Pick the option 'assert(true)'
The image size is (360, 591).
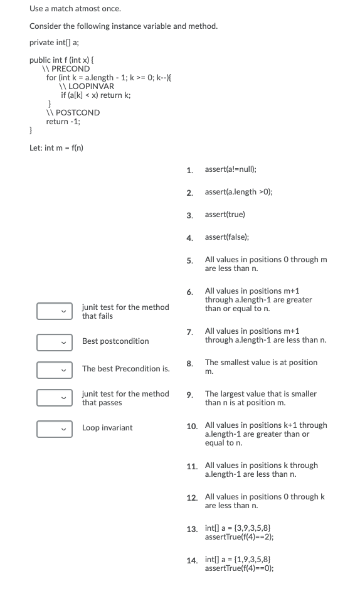225,215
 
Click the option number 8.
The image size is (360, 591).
189,364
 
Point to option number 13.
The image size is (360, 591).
191,530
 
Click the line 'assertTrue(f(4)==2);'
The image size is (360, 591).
239,538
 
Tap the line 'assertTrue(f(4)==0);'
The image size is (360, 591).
239,569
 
